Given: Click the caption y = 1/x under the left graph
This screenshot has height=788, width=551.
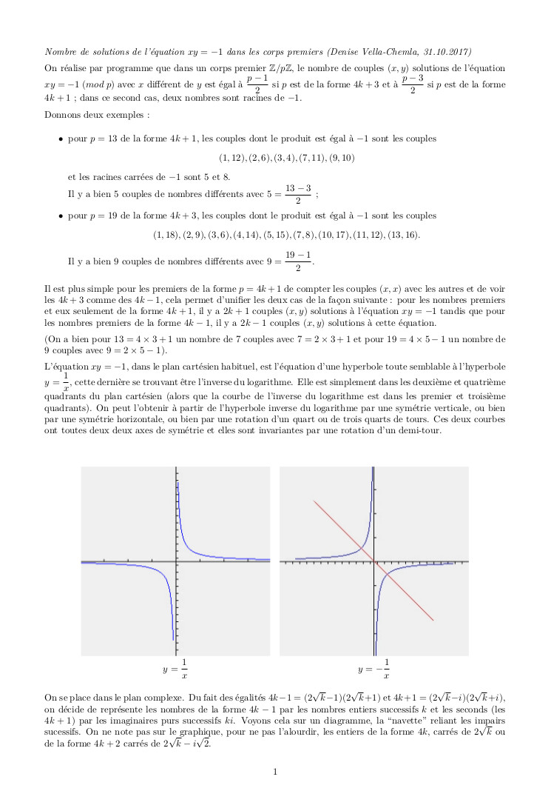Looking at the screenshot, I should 175,669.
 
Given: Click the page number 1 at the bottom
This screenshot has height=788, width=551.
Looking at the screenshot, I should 275,772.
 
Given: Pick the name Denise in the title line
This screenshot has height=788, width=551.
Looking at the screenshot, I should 351,52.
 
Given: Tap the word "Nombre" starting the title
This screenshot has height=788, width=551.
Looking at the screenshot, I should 60,52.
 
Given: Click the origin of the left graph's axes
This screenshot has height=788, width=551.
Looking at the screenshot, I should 176,562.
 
